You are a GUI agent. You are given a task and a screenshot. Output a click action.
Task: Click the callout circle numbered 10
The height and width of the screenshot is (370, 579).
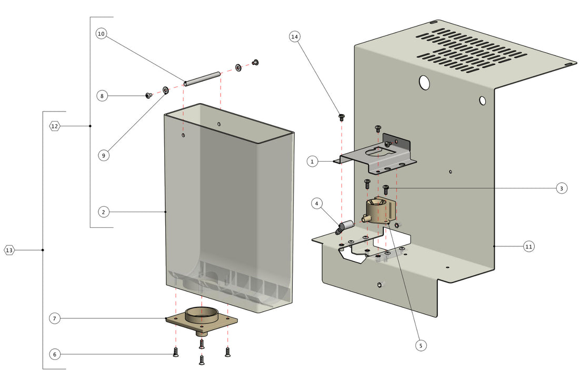(x=102, y=34)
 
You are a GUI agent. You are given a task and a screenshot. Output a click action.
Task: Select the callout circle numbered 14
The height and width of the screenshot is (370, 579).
(x=295, y=36)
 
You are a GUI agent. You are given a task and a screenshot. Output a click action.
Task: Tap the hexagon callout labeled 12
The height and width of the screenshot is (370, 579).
(x=55, y=126)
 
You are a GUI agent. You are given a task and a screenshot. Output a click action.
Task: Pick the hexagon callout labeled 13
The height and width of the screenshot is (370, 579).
(x=9, y=250)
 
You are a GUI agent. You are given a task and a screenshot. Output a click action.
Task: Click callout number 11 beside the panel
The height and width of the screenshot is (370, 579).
(x=529, y=246)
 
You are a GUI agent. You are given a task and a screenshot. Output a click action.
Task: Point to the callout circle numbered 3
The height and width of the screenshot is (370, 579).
(x=561, y=188)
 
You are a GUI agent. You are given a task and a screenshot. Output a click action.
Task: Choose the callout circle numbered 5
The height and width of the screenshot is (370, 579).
(x=420, y=345)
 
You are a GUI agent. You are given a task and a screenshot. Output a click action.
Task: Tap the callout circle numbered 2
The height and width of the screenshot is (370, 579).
(x=104, y=212)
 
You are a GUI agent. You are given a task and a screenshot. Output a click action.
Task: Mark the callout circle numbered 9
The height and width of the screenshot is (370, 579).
(x=104, y=155)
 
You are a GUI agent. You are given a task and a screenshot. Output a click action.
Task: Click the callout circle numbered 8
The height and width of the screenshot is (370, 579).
(x=103, y=96)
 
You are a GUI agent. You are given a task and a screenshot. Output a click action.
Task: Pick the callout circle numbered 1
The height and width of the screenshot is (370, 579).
(x=312, y=162)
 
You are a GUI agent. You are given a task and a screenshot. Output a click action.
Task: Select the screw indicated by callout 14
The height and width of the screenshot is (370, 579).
(x=341, y=116)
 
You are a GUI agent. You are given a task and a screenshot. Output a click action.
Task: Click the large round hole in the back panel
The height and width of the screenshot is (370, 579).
(x=424, y=82)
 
